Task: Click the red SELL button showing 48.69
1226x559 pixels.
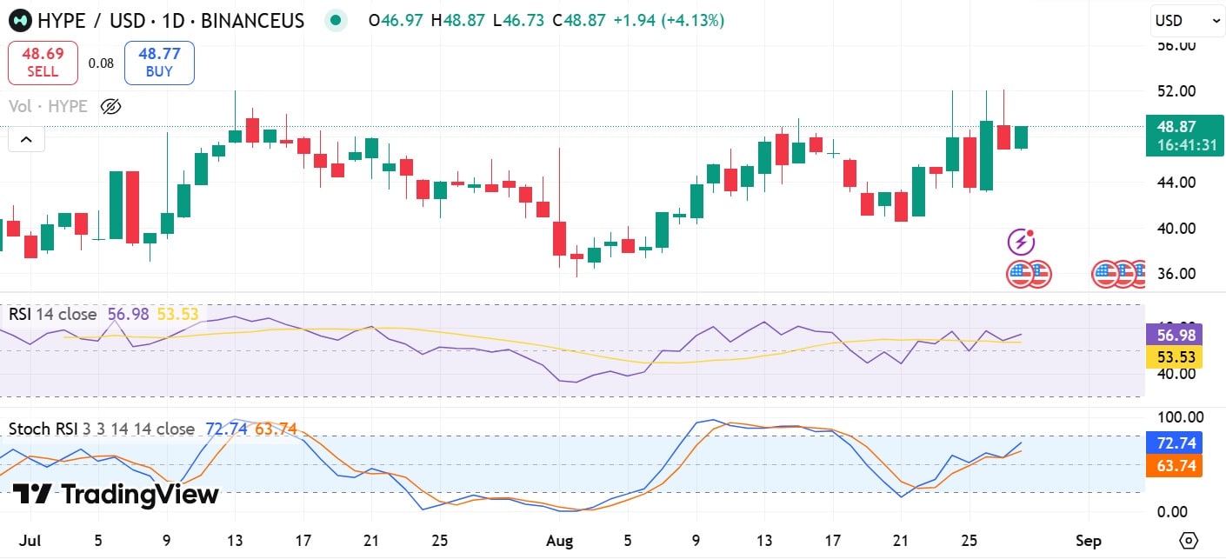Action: coord(43,63)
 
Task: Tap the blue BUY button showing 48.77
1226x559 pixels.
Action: coord(159,63)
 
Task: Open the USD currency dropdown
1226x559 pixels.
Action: coord(1187,20)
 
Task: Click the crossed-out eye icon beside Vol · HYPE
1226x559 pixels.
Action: coord(110,107)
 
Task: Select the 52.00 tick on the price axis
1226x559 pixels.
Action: coord(1174,90)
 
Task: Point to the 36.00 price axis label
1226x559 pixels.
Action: coord(1174,273)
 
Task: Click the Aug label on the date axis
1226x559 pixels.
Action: coord(560,540)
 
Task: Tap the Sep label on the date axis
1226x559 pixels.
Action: coord(1089,540)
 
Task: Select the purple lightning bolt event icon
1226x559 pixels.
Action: coord(1021,242)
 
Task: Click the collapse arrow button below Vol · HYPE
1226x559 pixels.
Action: coord(26,139)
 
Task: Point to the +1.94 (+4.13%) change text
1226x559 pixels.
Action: coord(668,20)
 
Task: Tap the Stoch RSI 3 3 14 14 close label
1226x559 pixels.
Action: coord(102,429)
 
